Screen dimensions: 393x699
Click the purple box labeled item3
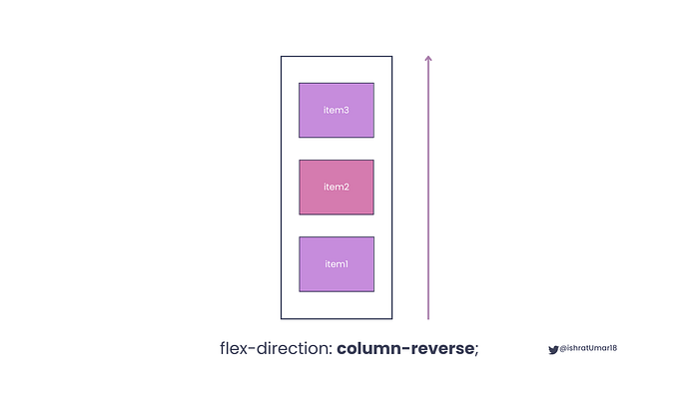click(x=337, y=110)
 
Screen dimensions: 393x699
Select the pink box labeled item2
click(x=337, y=187)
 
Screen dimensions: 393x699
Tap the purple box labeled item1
click(x=337, y=263)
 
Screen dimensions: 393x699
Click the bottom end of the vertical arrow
click(x=428, y=318)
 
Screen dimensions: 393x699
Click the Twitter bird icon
click(x=553, y=349)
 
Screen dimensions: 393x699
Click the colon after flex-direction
click(x=331, y=350)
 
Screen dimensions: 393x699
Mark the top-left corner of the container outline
click(x=282, y=57)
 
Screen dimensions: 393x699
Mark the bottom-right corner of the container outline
click(x=391, y=319)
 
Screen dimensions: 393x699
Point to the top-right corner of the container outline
click(x=391, y=57)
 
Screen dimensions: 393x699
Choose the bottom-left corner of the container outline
click(x=282, y=319)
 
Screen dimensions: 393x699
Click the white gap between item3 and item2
click(x=337, y=149)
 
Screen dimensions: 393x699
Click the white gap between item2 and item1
click(x=337, y=225)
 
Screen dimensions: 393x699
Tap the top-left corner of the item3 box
click(x=300, y=84)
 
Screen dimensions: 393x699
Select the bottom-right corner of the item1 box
click(x=373, y=291)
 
